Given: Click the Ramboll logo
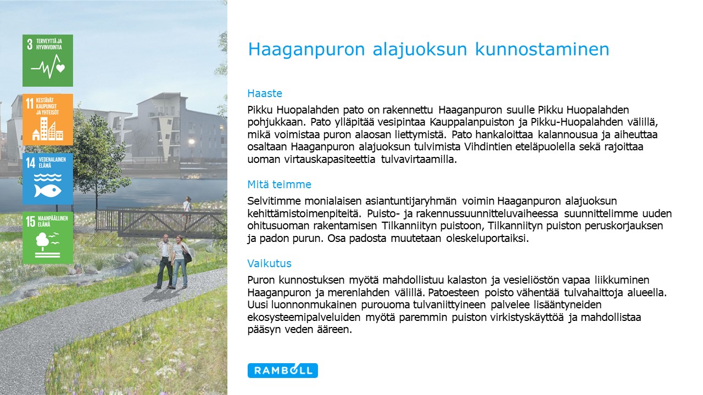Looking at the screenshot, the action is [282, 370].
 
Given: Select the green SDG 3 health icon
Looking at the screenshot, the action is [48, 60].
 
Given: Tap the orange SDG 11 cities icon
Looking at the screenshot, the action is [48, 120].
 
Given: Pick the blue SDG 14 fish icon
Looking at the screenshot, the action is [48, 179].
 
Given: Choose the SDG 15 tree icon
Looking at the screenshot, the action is [48, 238].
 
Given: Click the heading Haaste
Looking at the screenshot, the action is [265, 93].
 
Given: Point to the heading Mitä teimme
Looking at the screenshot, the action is [279, 184].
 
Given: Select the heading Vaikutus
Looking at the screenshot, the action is [269, 263].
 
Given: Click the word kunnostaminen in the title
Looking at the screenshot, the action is [542, 49].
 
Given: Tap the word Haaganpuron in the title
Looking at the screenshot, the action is [306, 50].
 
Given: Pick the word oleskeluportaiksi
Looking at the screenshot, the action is [487, 239].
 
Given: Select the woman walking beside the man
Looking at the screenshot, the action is [181, 262].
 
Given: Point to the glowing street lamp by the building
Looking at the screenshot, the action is [191, 142].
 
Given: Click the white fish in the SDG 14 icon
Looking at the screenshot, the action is [48, 190].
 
